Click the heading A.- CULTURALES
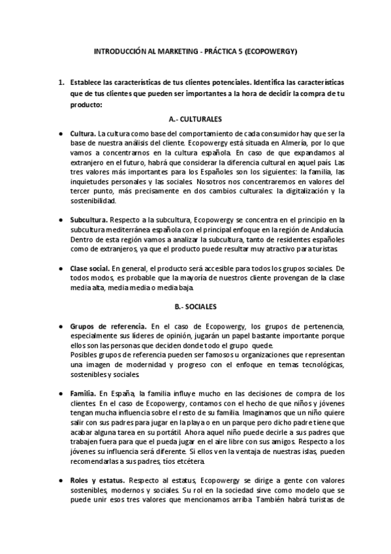tap(196, 120)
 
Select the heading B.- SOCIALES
tap(196, 306)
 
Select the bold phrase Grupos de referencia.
tap(107, 325)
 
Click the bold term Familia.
tap(83, 394)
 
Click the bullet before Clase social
tap(61, 269)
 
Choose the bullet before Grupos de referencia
tap(61, 325)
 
